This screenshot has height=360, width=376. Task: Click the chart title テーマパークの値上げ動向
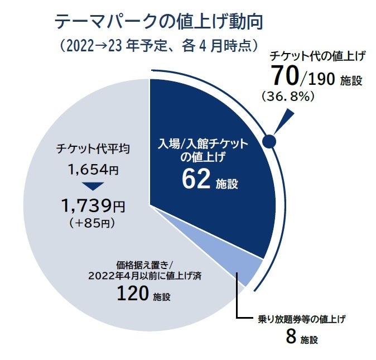point(158,22)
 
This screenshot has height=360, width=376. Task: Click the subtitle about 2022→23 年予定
point(160,45)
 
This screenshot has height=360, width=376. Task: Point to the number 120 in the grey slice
point(133,294)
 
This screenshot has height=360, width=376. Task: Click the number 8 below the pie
point(291,337)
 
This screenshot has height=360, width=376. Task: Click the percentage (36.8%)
point(287,97)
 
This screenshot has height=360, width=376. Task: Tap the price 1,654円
point(93,169)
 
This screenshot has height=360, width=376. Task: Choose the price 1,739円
point(93,207)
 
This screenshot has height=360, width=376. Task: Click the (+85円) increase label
point(93,223)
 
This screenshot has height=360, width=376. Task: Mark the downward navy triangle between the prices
point(93,186)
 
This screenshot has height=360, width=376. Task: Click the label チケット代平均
point(93,149)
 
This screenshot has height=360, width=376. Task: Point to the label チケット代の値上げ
point(317,56)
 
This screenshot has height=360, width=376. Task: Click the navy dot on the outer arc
point(269,141)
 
